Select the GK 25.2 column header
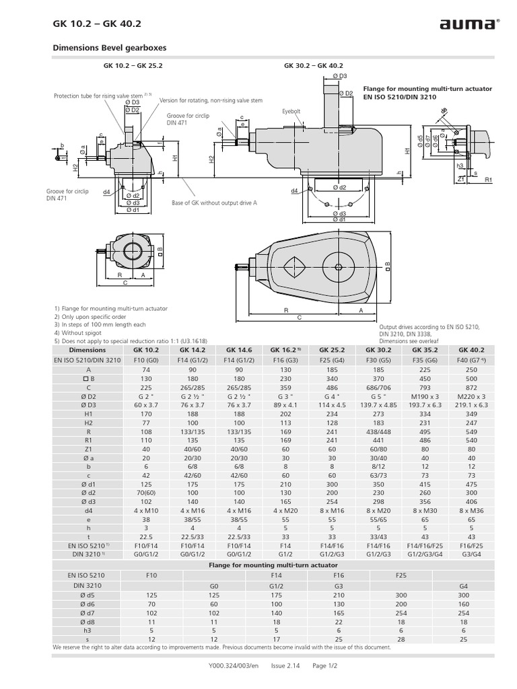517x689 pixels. (x=332, y=350)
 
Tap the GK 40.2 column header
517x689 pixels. (x=471, y=350)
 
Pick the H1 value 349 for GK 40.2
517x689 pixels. (x=471, y=415)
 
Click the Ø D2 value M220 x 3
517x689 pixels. (x=471, y=397)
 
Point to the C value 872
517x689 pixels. (x=471, y=388)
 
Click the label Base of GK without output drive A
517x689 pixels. (x=214, y=203)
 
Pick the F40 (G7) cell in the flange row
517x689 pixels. (x=471, y=360)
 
